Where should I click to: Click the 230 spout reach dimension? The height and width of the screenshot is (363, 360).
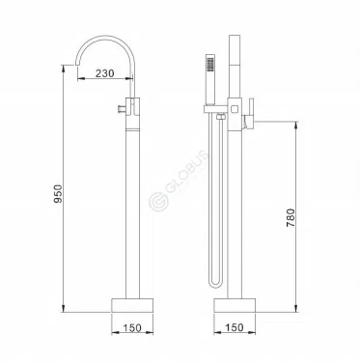pyautogui.click(x=105, y=73)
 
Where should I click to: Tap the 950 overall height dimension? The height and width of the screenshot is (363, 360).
pyautogui.click(x=57, y=194)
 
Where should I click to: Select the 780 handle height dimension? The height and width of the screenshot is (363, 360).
pyautogui.click(x=291, y=217)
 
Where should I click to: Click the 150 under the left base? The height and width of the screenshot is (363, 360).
pyautogui.click(x=132, y=328)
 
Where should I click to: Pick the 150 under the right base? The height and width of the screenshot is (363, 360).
pyautogui.click(x=235, y=327)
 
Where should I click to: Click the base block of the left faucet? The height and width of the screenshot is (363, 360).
pyautogui.click(x=132, y=305)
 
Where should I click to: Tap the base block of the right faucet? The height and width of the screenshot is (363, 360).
pyautogui.click(x=235, y=305)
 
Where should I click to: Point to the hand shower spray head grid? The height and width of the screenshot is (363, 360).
pyautogui.click(x=210, y=64)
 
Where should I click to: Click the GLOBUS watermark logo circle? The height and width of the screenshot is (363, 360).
pyautogui.click(x=158, y=201)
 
